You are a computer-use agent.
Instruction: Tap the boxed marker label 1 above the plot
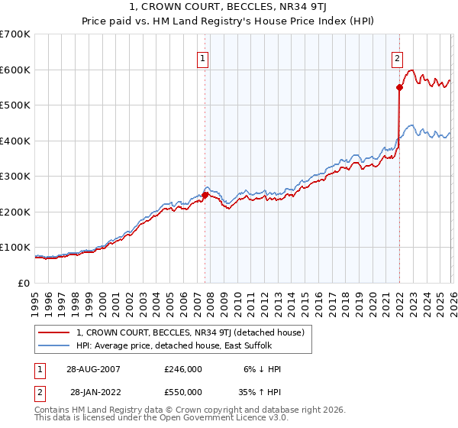point(203,58)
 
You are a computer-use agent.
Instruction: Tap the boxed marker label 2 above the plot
point(398,58)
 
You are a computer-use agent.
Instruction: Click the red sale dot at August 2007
point(205,195)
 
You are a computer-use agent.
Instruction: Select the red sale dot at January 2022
point(399,87)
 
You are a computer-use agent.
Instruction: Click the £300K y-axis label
point(15,177)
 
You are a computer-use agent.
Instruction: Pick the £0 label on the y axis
point(24,283)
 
